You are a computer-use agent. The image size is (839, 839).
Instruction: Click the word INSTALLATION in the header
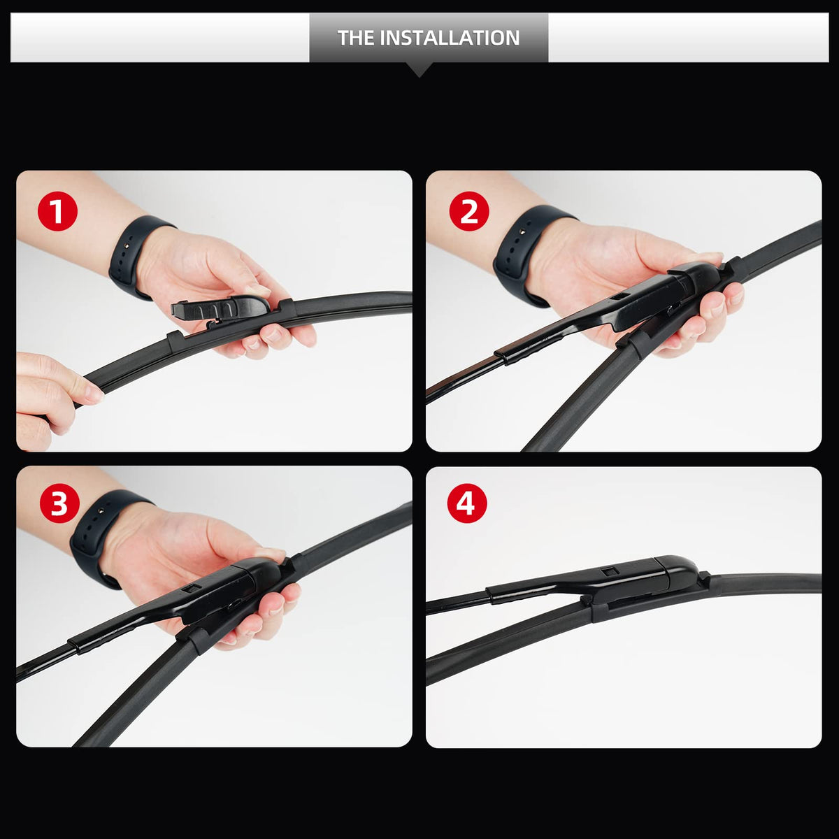pyautogui.click(x=450, y=38)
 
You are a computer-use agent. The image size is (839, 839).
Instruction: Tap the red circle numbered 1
pyautogui.click(x=57, y=211)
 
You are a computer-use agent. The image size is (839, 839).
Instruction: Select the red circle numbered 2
pyautogui.click(x=469, y=211)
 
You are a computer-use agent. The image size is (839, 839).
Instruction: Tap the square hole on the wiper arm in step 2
pyautogui.click(x=619, y=296)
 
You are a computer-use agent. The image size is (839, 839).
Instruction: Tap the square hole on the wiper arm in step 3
pyautogui.click(x=191, y=589)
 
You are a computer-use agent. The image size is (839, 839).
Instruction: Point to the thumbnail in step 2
pyautogui.click(x=706, y=256)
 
